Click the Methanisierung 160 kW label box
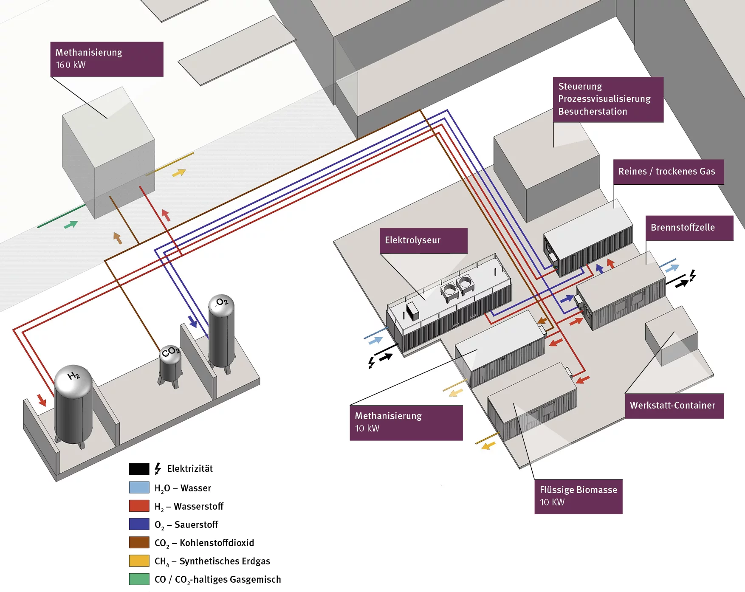pyautogui.click(x=107, y=59)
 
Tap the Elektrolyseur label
pyautogui.click(x=423, y=240)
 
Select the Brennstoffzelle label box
pyautogui.click(x=689, y=228)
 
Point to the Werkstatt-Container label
pyautogui.click(x=674, y=406)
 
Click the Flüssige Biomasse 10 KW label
pyautogui.click(x=578, y=496)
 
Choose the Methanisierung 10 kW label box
pyautogui.click(x=406, y=423)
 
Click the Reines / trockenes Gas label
pyautogui.click(x=669, y=172)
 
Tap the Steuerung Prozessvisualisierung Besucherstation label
pyautogui.click(x=608, y=99)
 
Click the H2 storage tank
pyautogui.click(x=73, y=403)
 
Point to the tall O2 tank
pyautogui.click(x=221, y=331)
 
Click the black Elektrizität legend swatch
pyautogui.click(x=139, y=469)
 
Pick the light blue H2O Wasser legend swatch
pyautogui.click(x=139, y=487)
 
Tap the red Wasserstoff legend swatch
pyautogui.click(x=139, y=506)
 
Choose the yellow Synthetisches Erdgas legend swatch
pyautogui.click(x=139, y=561)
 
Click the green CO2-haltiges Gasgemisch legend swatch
pyautogui.click(x=139, y=579)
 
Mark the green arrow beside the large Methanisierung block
pyautogui.click(x=71, y=224)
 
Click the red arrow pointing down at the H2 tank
pyautogui.click(x=42, y=400)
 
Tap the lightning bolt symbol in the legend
pyautogui.click(x=158, y=468)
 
